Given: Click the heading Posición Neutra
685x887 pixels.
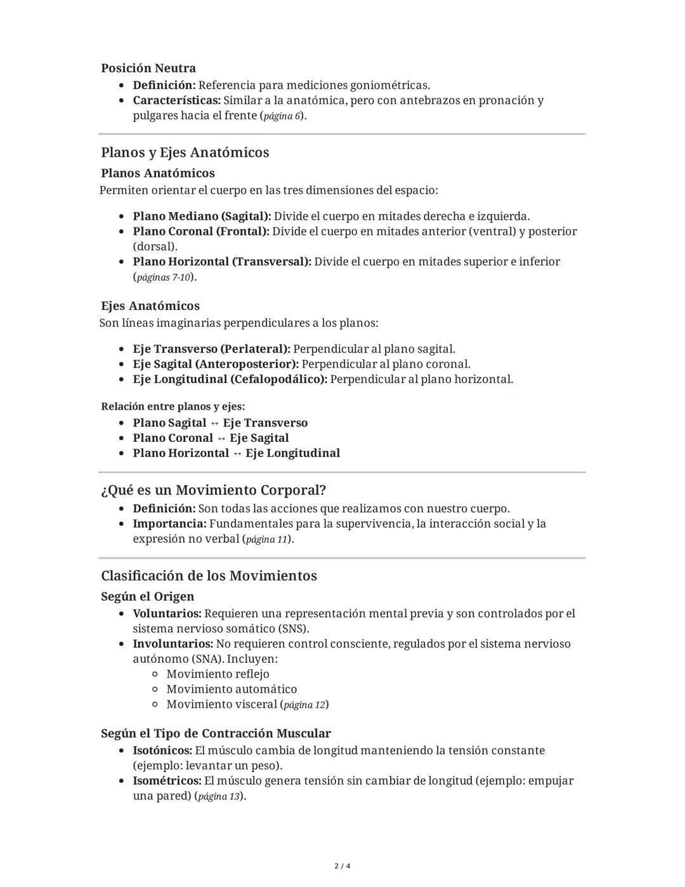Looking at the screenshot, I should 148,68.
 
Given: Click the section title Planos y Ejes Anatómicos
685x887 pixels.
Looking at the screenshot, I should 185,152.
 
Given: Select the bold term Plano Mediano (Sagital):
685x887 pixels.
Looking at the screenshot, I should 202,217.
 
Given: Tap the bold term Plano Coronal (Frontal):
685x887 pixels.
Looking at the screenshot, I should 201,232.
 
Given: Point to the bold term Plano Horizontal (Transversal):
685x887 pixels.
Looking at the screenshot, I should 222,262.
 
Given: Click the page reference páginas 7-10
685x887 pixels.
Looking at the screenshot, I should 163,277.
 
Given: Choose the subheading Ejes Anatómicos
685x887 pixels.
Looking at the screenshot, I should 150,306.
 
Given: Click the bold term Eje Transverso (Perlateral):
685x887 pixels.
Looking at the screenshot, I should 211,349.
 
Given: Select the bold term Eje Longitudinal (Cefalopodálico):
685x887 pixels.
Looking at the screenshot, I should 230,380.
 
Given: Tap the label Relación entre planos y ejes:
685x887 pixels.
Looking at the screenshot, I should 173,406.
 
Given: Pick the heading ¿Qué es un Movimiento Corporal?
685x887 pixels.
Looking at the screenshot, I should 213,490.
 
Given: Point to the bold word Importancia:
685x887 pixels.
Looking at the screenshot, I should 169,524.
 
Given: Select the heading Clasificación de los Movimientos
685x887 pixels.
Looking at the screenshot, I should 209,576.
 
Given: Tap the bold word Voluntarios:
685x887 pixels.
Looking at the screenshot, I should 167,614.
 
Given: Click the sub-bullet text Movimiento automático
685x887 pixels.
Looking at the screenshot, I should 232,690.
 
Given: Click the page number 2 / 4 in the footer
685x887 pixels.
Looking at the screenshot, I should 342,866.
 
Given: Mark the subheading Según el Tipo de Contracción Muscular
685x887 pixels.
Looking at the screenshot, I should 216,733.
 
